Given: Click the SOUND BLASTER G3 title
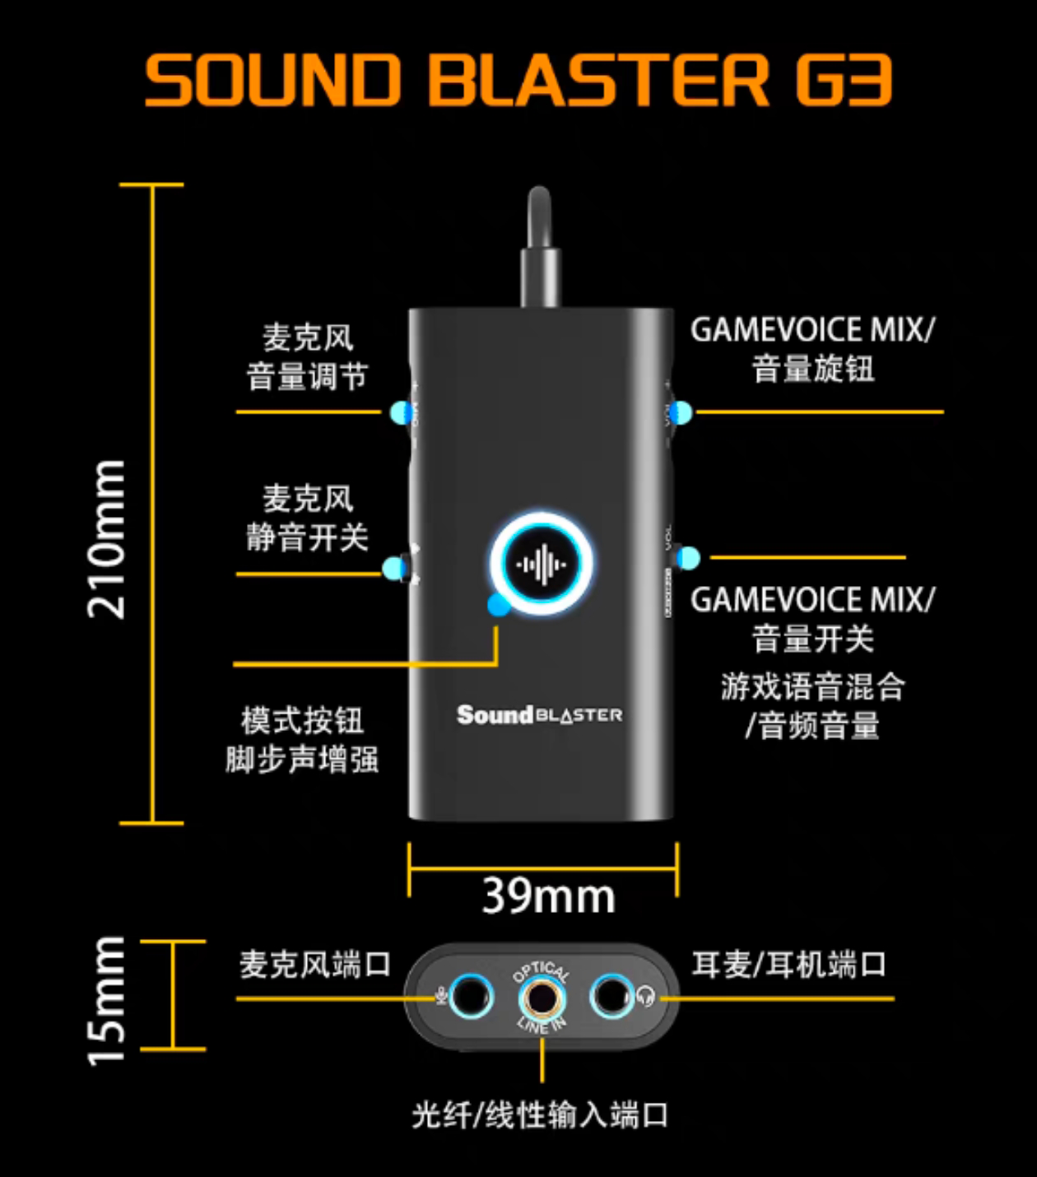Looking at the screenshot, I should (x=518, y=81).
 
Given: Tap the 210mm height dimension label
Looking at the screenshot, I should (x=107, y=539).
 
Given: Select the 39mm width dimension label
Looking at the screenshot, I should (x=548, y=896).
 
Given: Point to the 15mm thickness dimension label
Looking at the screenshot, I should (x=107, y=1000).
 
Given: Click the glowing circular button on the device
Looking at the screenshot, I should (x=541, y=565).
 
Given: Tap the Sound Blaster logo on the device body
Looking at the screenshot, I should (x=539, y=714).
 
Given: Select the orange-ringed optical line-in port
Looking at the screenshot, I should (x=542, y=998).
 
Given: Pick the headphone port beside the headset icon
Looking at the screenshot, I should (x=611, y=997).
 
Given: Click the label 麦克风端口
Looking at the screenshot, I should (x=314, y=964).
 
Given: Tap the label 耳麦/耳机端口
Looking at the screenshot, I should (x=788, y=964).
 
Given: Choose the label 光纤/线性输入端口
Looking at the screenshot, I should (x=540, y=1115).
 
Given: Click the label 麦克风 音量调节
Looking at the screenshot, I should (x=307, y=357).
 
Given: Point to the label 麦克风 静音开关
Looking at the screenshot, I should (x=307, y=519).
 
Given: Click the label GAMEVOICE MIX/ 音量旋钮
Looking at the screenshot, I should (x=812, y=349).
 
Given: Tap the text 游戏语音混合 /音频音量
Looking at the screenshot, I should (x=812, y=706).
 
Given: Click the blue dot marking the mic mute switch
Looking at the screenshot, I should (x=394, y=568).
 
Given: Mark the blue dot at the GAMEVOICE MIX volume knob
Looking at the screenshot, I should (x=681, y=412).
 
